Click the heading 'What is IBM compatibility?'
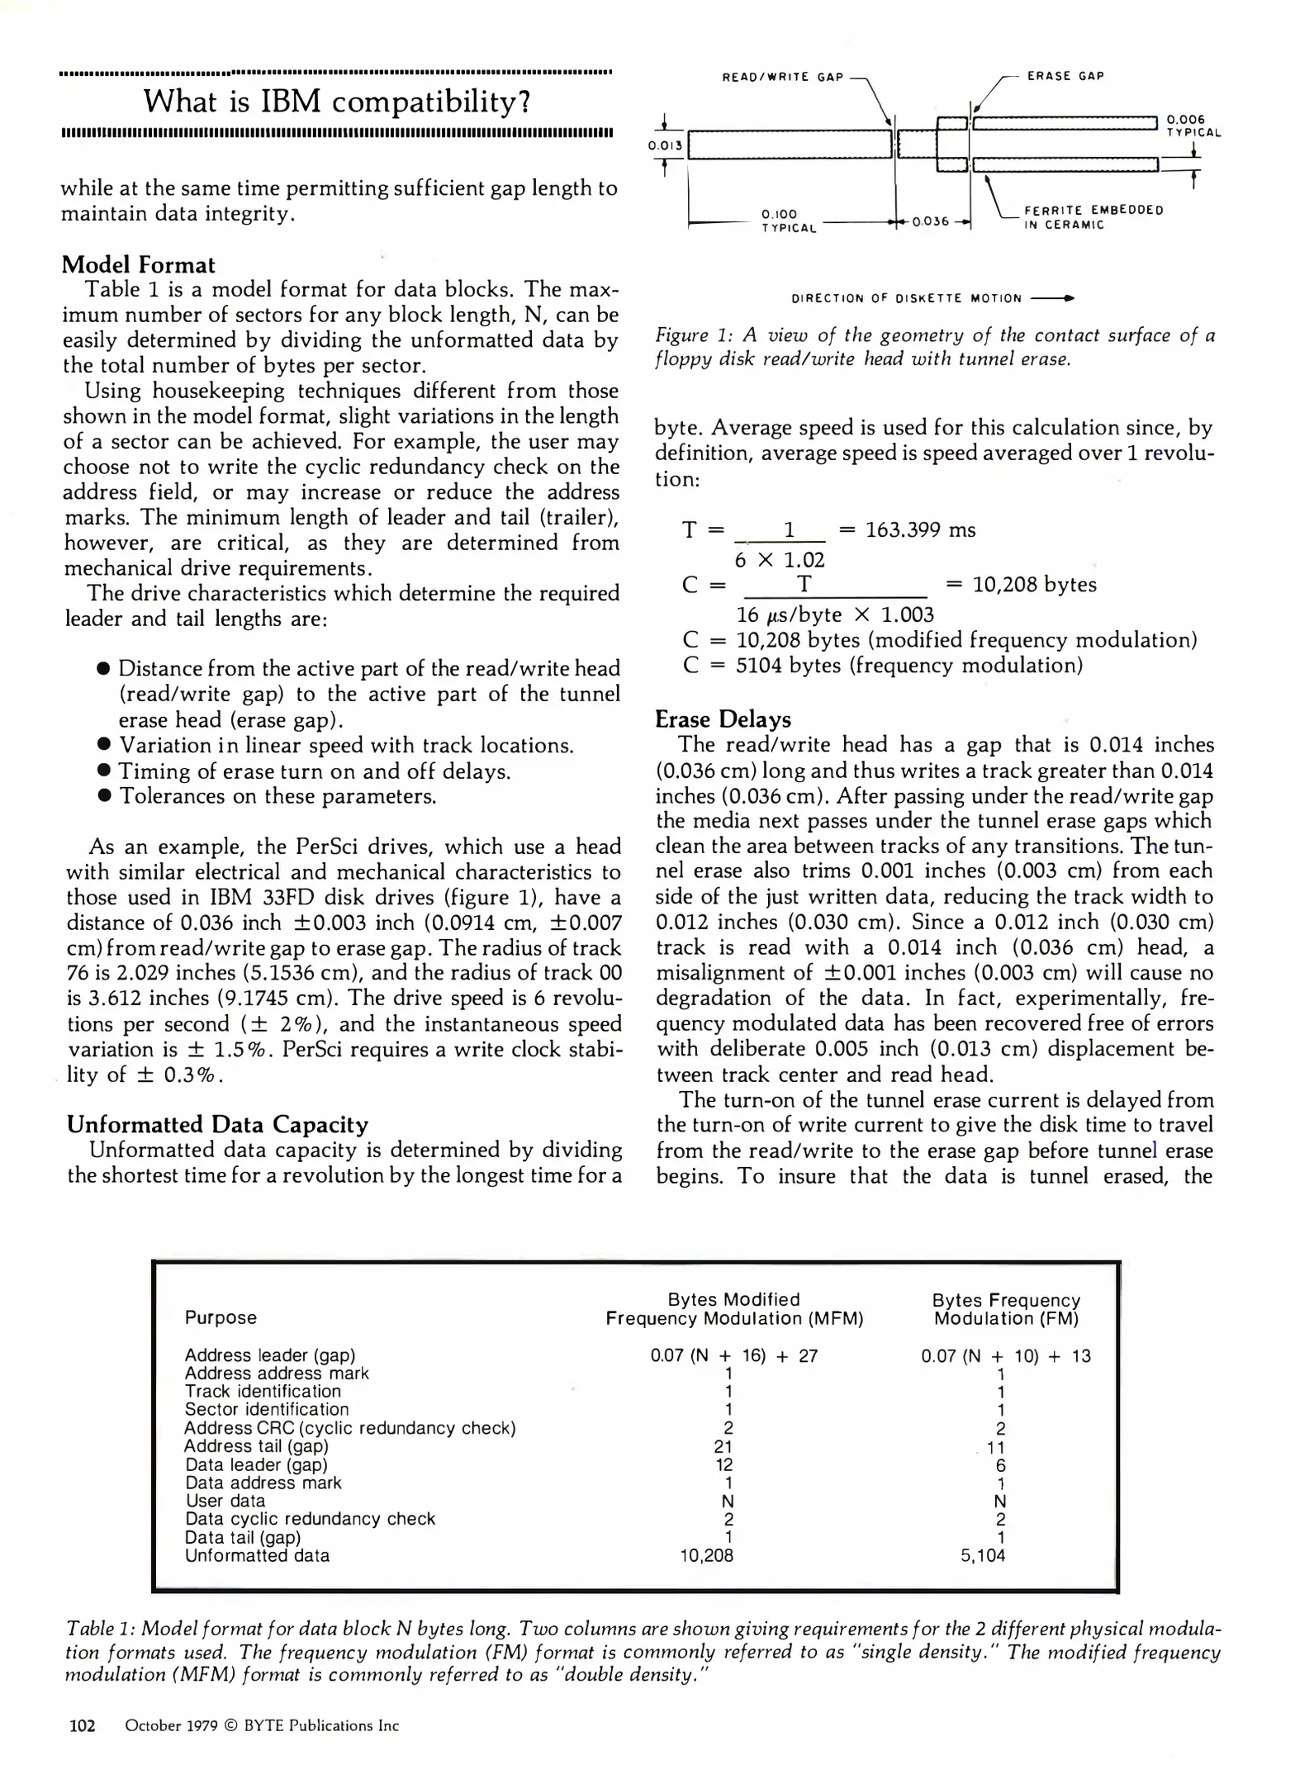337,102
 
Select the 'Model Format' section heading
138,265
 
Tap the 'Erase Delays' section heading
723,719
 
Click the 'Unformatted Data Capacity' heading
217,1125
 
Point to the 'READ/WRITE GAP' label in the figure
783,78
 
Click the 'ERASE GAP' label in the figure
1065,76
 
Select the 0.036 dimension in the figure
931,221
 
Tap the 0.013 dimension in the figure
665,146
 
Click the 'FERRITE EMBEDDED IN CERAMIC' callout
1093,217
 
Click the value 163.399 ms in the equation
920,530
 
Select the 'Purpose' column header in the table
221,1318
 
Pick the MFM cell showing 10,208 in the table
706,1556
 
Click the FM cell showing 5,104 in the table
983,1556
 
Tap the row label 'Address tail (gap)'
256,1446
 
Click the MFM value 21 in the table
723,1447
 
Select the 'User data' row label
225,1501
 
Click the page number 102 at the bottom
82,1725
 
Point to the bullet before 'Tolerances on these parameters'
104,796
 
